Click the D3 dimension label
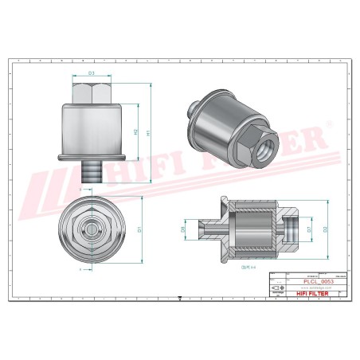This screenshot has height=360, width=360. (92, 73)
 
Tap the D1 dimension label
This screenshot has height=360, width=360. (139, 229)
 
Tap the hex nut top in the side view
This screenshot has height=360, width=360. (92, 94)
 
